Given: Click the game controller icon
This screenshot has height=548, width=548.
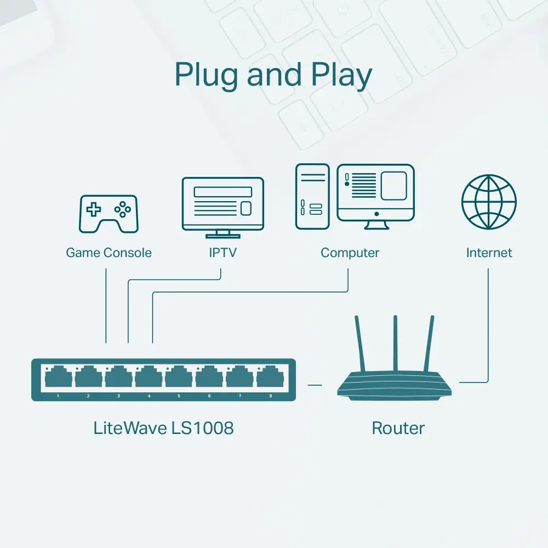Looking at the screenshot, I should coord(109,214).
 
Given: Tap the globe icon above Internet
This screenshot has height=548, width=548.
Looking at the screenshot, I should coord(489,202).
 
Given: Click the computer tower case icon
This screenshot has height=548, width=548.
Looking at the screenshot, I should coord(312,196).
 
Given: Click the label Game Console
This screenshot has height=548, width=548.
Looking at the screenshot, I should coord(109,253).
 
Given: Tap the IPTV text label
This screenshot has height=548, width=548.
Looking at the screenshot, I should coord(222,253).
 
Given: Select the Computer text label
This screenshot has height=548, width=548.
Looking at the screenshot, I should coord(350,253).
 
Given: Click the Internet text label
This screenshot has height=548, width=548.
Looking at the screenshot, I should coord(489,253).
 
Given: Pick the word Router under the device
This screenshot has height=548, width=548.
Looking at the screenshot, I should coord(398,428).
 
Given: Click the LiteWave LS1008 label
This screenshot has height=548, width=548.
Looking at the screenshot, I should coord(163,428).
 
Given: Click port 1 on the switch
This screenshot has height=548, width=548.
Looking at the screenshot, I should coord(58,378).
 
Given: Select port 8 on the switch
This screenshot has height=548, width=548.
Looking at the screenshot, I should coord(270,378).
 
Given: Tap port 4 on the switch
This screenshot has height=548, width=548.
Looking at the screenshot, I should coord(149,378).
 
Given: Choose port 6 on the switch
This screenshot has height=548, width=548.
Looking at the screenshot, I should coord(209,378).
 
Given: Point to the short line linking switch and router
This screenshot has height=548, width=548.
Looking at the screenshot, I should coord(315,385).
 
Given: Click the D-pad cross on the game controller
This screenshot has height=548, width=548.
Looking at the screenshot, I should coord(95,209).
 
